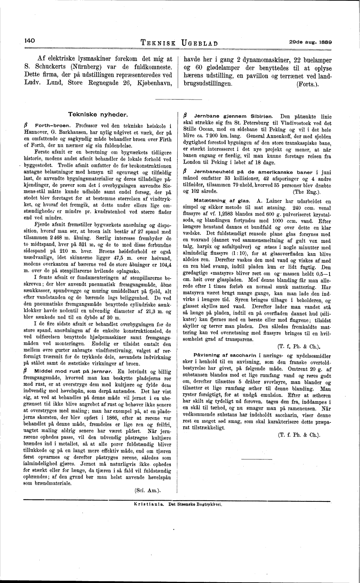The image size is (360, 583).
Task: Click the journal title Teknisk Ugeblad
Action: coord(179,43)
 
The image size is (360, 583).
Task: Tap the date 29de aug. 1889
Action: coord(310,41)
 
